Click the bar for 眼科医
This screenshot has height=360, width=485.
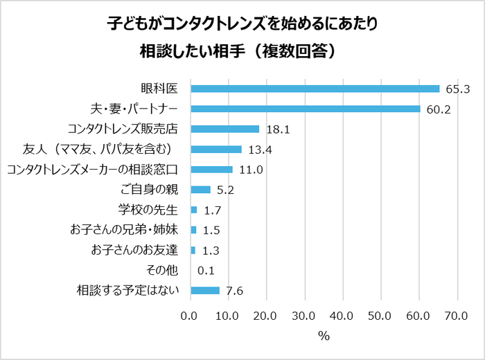(315, 89)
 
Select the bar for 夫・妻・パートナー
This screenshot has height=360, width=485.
(306, 109)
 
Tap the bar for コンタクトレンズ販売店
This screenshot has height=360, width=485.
(225, 129)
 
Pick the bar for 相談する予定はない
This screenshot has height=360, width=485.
(205, 291)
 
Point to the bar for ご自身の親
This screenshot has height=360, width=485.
(201, 190)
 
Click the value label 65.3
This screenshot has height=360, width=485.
(458, 89)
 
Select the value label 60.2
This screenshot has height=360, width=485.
(439, 109)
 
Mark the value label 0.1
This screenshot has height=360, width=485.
(206, 271)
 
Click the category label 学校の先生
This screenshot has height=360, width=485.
(149, 210)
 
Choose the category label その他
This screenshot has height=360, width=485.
(162, 271)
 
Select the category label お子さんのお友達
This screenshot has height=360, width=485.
(135, 251)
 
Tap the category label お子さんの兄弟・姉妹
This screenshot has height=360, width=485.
(124, 230)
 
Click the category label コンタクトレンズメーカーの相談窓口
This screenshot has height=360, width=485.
(93, 170)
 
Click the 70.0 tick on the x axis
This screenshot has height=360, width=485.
(457, 316)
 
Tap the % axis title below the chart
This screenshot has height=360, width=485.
(324, 336)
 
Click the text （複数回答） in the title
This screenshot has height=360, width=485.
(290, 51)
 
